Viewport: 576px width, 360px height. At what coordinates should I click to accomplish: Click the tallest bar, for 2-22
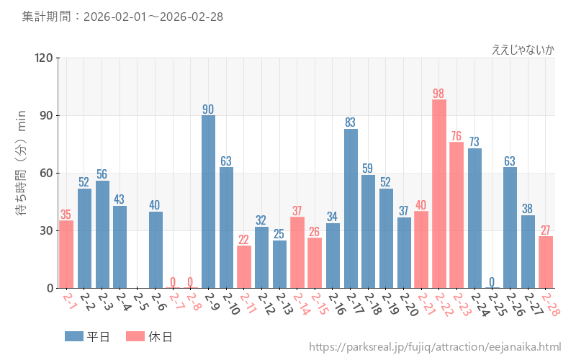[439, 194]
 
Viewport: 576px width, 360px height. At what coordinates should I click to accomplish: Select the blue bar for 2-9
[208, 202]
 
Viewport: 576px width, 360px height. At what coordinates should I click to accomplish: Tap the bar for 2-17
[351, 208]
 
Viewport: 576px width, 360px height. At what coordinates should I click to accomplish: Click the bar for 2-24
[474, 218]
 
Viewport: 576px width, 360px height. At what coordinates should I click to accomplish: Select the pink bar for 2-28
[546, 262]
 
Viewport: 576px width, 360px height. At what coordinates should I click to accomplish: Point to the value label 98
[439, 94]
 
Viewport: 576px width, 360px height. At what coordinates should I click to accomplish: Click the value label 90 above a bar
[208, 109]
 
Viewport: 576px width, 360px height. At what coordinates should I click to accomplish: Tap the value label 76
[456, 136]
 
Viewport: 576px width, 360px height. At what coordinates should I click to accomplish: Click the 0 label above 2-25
[492, 282]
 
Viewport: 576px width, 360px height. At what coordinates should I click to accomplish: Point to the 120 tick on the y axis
[44, 58]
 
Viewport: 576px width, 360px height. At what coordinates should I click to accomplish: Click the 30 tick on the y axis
[47, 231]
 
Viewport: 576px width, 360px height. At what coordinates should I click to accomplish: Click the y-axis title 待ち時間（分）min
[22, 173]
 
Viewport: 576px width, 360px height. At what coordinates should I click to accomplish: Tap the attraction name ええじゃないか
[523, 49]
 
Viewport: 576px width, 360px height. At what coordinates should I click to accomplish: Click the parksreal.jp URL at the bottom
[435, 347]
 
